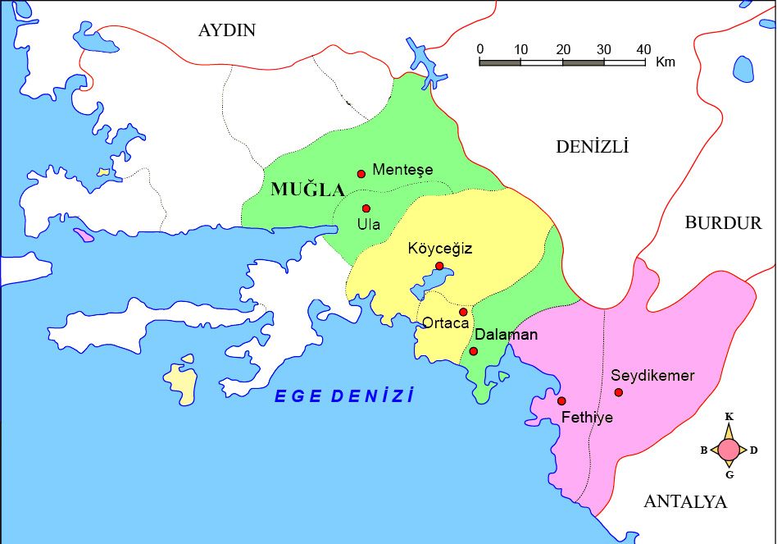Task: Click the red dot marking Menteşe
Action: [361, 173]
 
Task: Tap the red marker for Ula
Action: [366, 208]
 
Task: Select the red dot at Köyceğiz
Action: [439, 266]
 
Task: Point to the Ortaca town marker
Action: [463, 312]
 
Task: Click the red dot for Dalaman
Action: [473, 351]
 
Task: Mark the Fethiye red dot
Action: [561, 400]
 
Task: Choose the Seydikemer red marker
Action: [618, 392]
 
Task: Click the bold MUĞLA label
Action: [308, 190]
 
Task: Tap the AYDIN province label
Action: [227, 30]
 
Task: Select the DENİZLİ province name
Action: [592, 147]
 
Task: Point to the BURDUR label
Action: [723, 222]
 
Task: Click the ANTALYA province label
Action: [685, 502]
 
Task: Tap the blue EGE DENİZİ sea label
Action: [344, 396]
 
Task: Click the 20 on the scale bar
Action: [563, 48]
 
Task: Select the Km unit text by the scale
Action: [666, 62]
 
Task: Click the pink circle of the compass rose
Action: [729, 450]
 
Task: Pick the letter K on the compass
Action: [729, 417]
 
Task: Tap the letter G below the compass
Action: [729, 474]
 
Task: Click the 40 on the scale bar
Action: [643, 48]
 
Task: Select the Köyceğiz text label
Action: [440, 249]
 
